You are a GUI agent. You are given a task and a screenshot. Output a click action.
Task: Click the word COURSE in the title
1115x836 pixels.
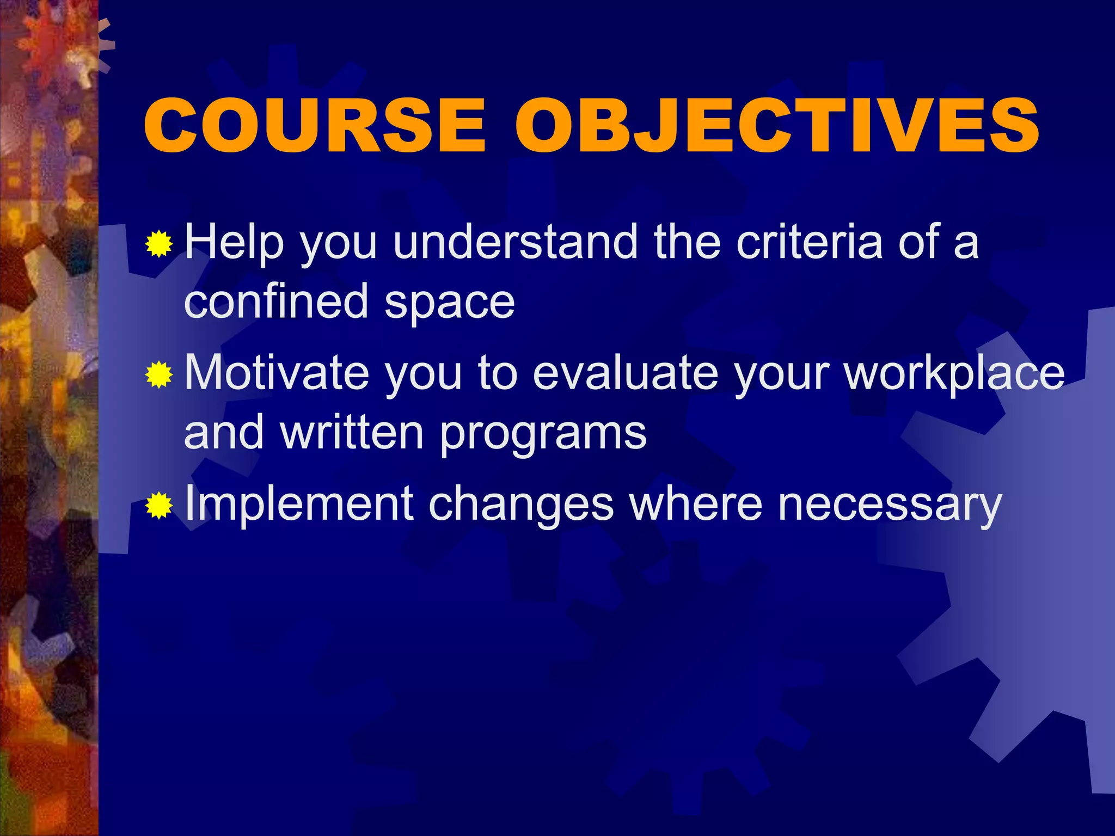314,126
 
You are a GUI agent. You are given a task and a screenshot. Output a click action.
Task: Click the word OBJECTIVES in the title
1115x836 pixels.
777,126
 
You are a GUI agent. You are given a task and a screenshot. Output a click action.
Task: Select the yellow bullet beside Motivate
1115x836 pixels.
159,375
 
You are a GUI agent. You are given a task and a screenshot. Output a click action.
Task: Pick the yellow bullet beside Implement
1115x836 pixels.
159,506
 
